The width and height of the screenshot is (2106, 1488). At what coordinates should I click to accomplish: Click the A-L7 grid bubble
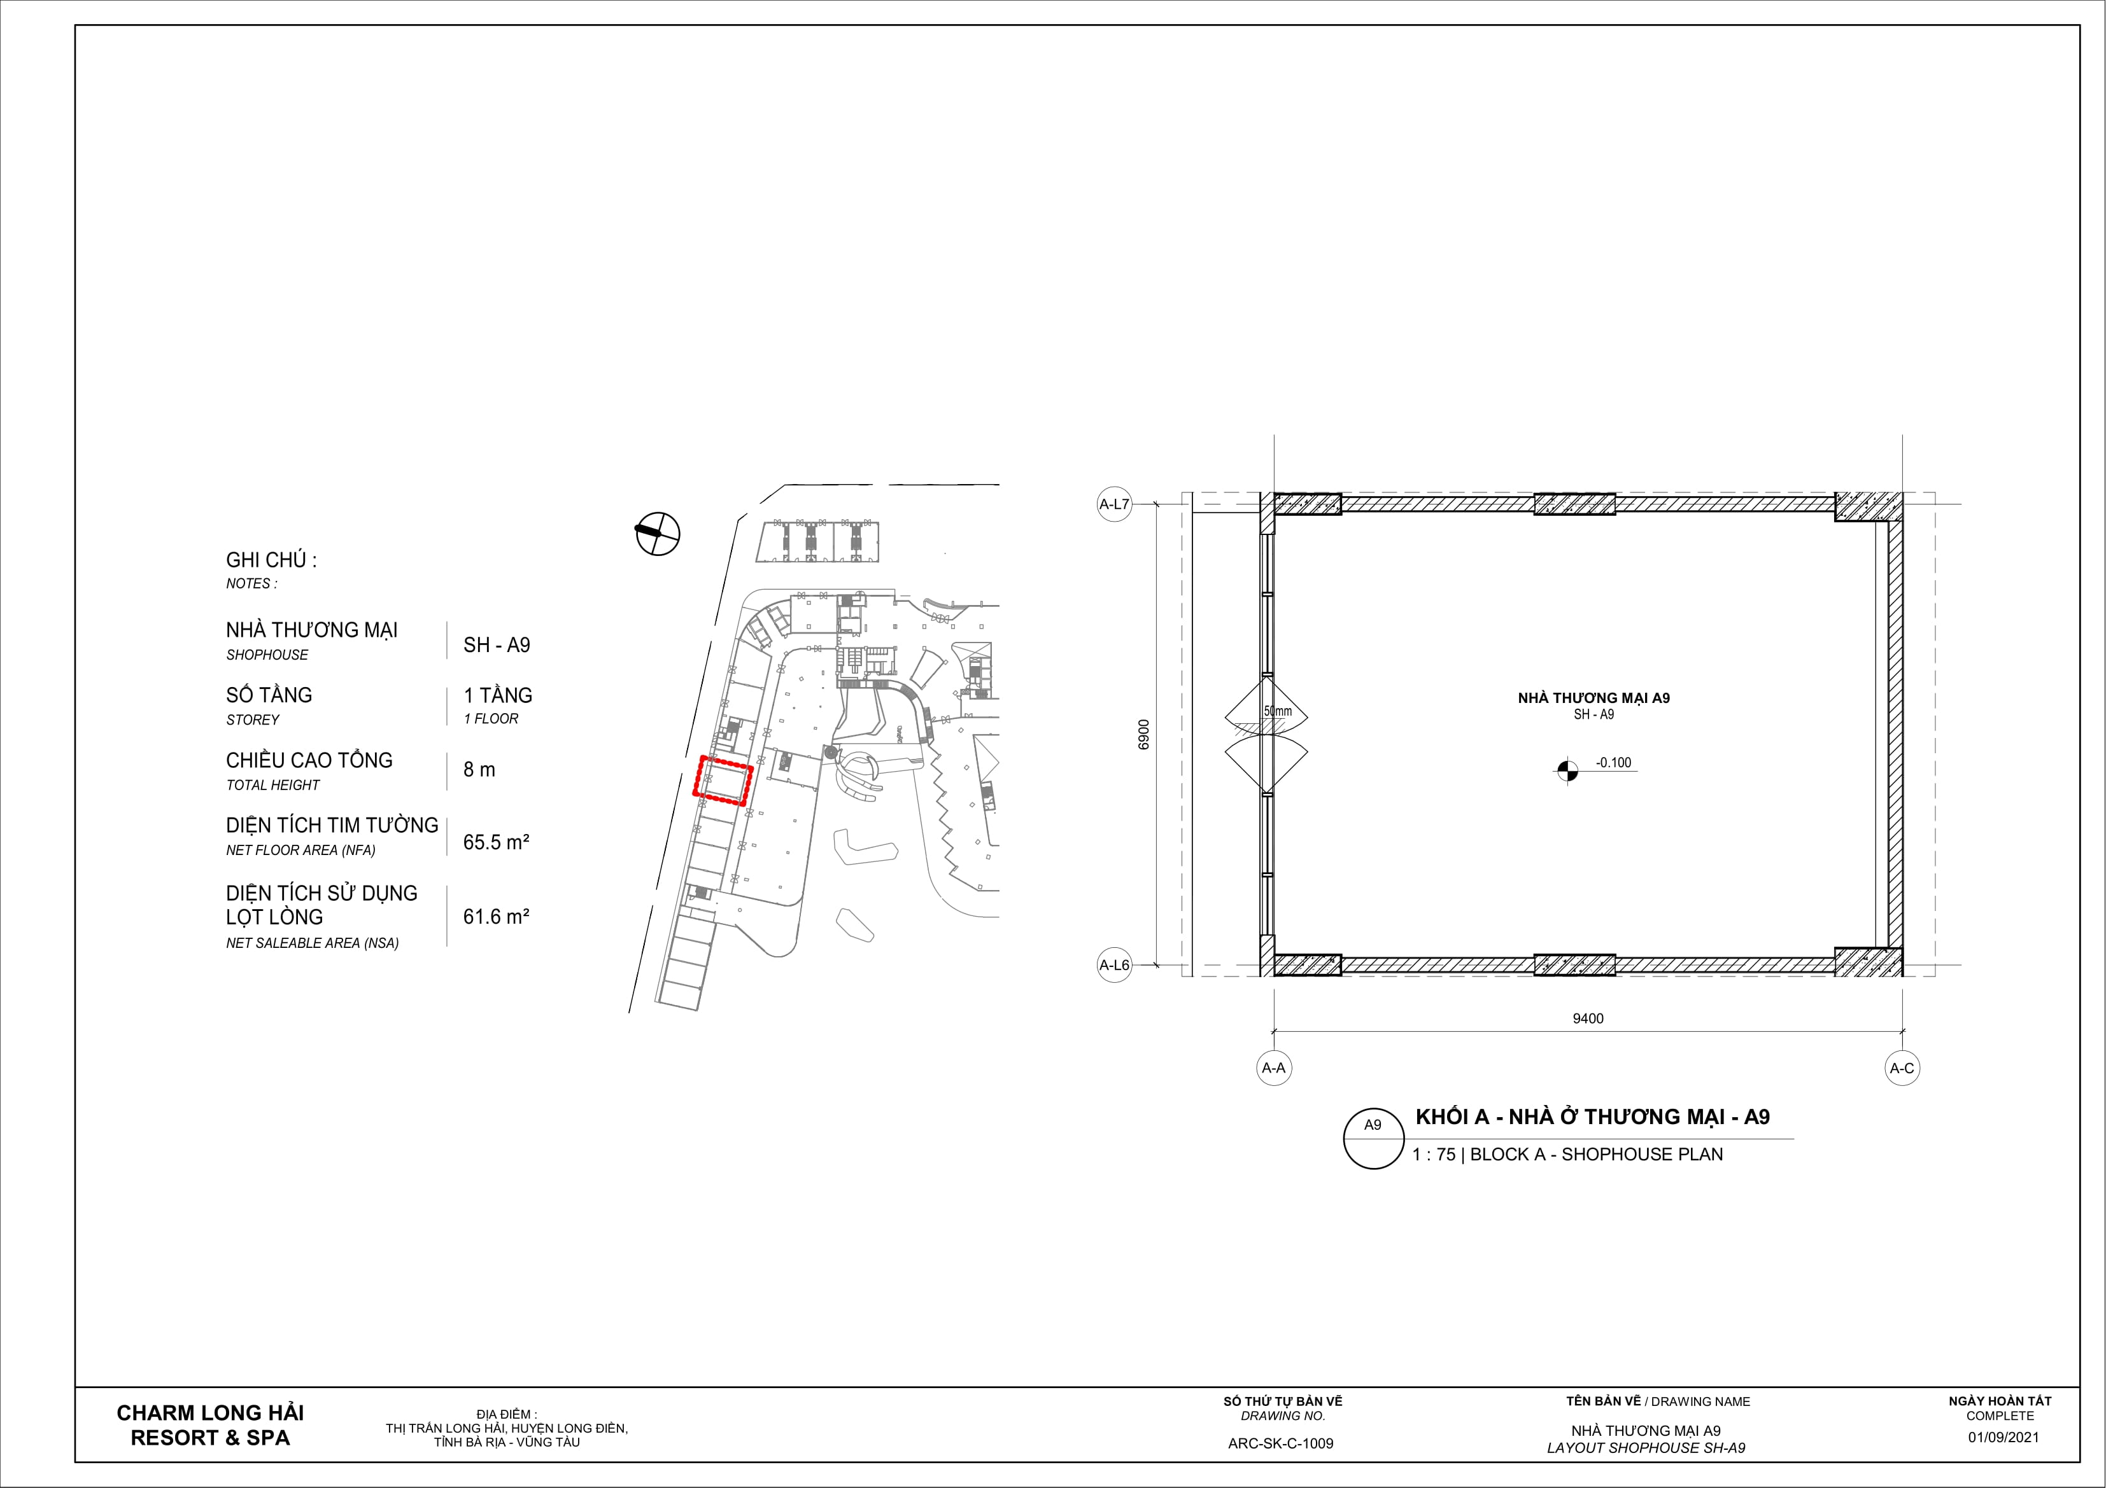pos(1115,504)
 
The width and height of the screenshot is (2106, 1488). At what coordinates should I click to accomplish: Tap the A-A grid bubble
pos(1274,1068)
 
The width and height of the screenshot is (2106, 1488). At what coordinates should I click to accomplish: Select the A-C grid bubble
pos(1902,1068)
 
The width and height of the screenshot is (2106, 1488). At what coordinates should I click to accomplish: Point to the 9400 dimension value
pos(1588,1019)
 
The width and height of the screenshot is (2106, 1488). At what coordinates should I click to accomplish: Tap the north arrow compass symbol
pos(658,532)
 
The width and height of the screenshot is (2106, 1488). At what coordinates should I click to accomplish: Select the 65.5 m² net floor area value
pos(496,842)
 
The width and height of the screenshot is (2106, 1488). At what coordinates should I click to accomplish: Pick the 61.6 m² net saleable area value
pos(496,917)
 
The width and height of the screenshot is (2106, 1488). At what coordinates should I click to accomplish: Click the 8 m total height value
pos(479,770)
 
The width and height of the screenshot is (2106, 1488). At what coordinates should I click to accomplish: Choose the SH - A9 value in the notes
pos(496,646)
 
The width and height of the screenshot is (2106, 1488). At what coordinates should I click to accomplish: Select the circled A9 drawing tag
pos(1373,1139)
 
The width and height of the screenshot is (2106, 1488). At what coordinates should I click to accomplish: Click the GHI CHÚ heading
pos(271,560)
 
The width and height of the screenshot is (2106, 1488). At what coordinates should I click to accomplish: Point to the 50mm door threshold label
pos(1278,711)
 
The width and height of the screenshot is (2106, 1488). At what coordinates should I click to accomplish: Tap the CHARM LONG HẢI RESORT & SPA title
pos(210,1426)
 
